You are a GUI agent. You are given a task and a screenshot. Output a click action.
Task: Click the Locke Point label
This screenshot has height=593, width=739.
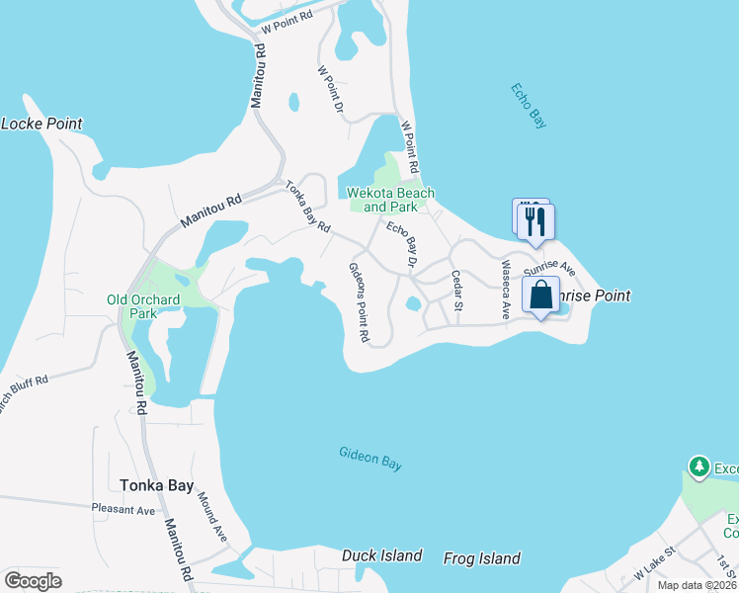click(41, 124)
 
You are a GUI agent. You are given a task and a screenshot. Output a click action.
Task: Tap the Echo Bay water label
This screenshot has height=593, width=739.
click(529, 105)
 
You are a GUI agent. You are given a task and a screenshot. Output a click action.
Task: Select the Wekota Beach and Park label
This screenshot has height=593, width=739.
click(391, 200)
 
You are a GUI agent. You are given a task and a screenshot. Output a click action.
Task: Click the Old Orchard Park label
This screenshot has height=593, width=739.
click(143, 306)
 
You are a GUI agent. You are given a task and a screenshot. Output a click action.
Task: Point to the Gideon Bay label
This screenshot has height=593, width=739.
click(370, 459)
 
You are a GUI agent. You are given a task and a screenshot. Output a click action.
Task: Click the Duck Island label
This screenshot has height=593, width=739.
click(382, 555)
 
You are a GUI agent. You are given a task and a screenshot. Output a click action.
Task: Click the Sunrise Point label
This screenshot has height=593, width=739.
click(593, 296)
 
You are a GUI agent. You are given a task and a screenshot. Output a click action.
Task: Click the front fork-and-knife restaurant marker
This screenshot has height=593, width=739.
click(537, 221)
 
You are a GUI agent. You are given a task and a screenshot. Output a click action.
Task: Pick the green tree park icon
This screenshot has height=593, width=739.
click(699, 466)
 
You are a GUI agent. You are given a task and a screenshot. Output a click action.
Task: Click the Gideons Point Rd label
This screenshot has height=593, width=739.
click(359, 302)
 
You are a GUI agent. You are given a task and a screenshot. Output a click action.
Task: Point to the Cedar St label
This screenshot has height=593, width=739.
click(457, 290)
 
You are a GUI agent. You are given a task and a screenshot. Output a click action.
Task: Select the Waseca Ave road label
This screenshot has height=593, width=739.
click(505, 289)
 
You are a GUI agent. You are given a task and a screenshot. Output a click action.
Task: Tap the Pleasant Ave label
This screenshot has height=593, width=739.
click(123, 511)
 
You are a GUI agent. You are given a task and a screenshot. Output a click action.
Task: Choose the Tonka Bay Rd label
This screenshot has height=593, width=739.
click(307, 207)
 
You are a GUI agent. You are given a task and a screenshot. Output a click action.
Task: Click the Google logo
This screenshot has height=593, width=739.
click(33, 580)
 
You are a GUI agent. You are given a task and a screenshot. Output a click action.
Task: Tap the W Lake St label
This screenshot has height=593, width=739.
click(654, 567)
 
